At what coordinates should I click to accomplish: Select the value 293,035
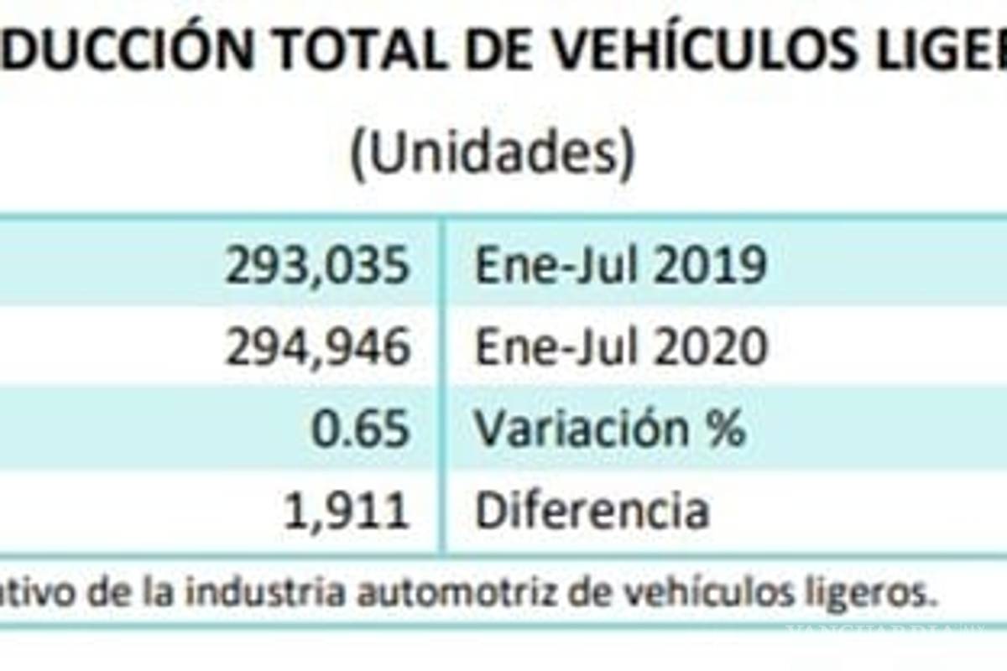coord(318,266)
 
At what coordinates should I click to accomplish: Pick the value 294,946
coord(318,347)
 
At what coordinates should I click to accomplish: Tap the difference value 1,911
coord(347,510)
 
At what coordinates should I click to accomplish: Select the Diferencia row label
coord(592,510)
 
